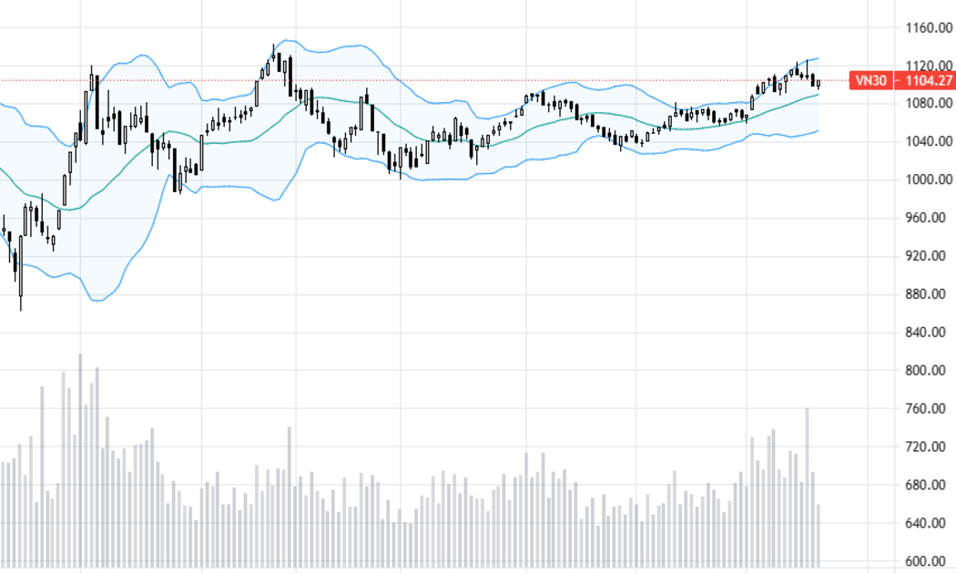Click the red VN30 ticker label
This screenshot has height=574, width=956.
tap(871, 80)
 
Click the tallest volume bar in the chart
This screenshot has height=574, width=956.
tap(80, 460)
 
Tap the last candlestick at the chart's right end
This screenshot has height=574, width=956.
tap(819, 84)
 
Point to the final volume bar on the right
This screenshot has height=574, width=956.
tap(819, 536)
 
